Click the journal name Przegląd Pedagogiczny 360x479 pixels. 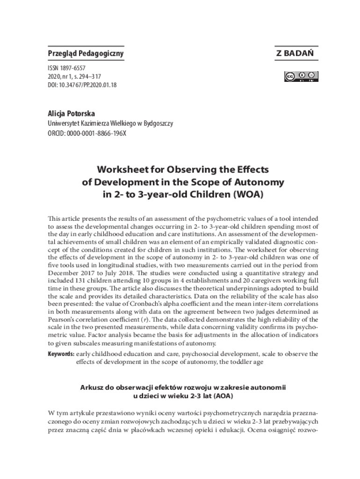[x=86, y=54]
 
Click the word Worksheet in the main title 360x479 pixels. [x=122, y=169]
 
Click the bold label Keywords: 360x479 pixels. [x=61, y=354]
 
